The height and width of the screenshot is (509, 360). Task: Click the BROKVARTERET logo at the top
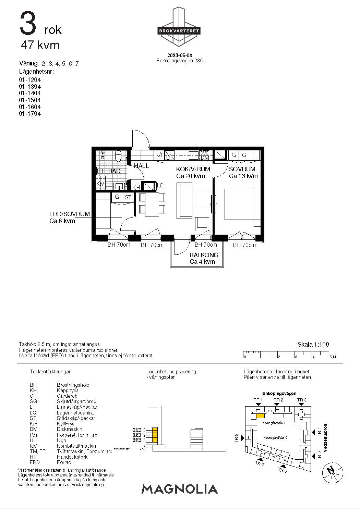tap(179, 30)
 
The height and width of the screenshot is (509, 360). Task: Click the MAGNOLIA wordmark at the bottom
tap(180, 489)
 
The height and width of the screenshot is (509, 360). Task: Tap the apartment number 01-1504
tap(30, 100)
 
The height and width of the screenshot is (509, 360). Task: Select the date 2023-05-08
tap(180, 55)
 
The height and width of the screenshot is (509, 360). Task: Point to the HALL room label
tap(141, 166)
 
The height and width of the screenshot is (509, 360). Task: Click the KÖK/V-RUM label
tap(193, 169)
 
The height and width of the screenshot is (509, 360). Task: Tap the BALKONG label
tap(204, 255)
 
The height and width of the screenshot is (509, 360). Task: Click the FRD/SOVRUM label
tap(70, 214)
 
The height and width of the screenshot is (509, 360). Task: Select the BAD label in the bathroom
tap(114, 171)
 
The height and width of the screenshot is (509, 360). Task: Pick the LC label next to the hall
tap(160, 186)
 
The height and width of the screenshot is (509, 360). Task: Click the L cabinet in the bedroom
tap(254, 155)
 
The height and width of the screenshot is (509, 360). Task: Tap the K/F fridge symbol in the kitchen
tap(159, 155)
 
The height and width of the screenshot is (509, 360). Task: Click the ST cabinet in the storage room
tap(128, 197)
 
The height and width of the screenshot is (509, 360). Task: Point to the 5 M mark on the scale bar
tap(332, 357)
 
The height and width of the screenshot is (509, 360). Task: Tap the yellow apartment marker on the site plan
tap(260, 416)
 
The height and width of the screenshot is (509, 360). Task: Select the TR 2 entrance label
tap(278, 400)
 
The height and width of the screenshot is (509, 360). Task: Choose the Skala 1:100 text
tap(313, 345)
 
